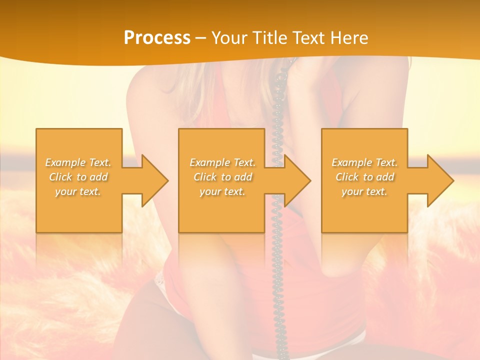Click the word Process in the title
(x=157, y=37)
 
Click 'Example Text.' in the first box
(x=78, y=162)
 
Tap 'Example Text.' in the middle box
(x=222, y=162)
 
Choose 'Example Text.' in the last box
(x=364, y=162)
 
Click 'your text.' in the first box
(x=78, y=191)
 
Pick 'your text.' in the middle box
(x=222, y=191)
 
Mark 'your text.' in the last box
(x=364, y=191)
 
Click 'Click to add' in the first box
(x=78, y=177)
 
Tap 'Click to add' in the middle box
(x=222, y=177)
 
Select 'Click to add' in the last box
(x=364, y=177)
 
